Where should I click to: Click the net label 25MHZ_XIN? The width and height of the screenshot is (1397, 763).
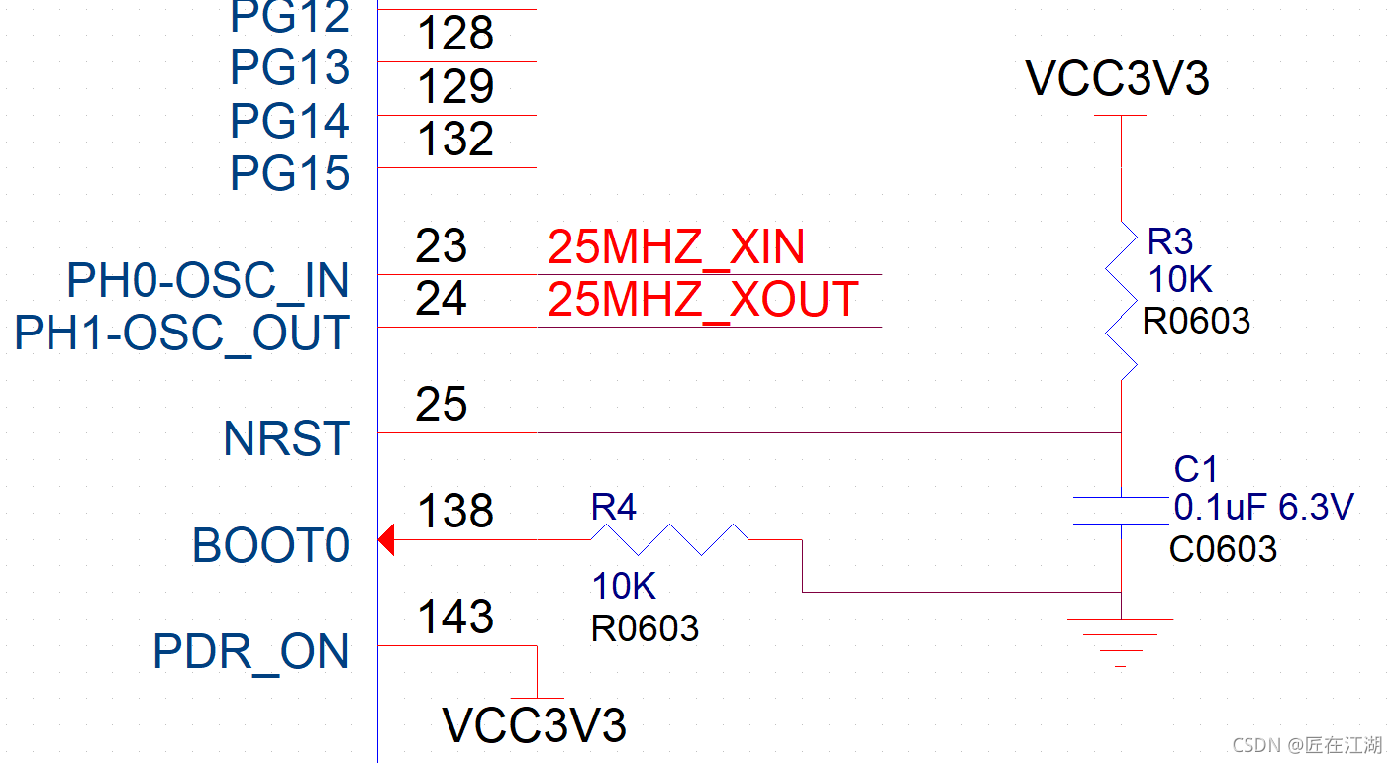676,246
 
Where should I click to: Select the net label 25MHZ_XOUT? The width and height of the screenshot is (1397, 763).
703,299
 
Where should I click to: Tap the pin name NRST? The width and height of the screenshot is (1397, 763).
287,438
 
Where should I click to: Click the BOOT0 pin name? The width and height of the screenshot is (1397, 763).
271,545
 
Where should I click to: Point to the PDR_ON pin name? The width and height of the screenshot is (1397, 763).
251,651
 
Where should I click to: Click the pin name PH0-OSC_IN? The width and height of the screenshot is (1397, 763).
208,281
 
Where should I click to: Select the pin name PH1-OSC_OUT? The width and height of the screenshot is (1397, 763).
182,334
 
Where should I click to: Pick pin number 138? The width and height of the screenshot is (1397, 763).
455,512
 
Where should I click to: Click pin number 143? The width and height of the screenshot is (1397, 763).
455,617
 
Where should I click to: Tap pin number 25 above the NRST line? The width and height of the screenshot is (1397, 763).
442,404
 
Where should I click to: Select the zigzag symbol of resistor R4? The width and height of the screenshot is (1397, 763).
669,539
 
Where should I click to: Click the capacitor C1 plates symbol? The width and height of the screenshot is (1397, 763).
1121,510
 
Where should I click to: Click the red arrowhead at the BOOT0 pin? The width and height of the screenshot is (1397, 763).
387,540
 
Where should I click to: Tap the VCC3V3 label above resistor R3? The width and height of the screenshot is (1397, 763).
1118,79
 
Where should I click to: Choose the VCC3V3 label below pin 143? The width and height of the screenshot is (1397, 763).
535,725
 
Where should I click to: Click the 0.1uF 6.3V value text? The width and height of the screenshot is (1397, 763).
1263,508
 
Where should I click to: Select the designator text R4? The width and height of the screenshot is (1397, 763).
614,508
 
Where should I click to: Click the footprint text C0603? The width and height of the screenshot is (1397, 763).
1223,549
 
